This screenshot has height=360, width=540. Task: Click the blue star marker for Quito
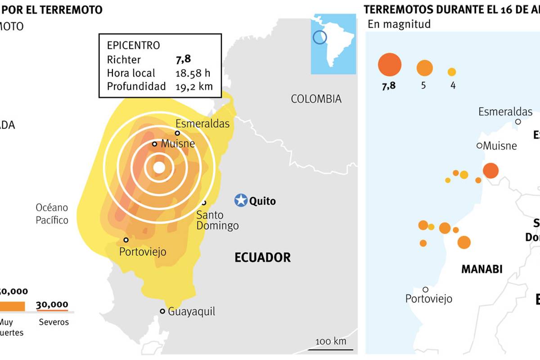tap(241, 200)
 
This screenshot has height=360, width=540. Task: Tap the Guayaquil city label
tap(191, 311)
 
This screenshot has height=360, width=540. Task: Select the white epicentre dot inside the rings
tap(159, 167)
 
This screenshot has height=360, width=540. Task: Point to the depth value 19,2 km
tap(193, 86)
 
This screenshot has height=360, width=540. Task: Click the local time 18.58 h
tap(193, 73)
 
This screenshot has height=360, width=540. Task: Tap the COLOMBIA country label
tap(316, 99)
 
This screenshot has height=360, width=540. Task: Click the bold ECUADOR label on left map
tap(262, 257)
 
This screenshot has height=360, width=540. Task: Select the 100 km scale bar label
tap(331, 341)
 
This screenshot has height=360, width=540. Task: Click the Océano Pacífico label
tap(52, 214)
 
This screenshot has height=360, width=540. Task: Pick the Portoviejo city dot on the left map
tap(126, 240)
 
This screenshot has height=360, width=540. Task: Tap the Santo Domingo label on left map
tap(217, 220)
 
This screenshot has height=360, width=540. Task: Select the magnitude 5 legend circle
tap(424, 68)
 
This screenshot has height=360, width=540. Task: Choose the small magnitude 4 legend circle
tap(452, 72)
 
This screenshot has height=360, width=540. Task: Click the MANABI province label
tap(481, 269)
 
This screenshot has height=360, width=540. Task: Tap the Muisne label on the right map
tap(500, 146)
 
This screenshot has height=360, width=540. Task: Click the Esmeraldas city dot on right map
tap(518, 121)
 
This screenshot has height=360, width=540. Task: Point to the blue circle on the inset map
tap(319, 37)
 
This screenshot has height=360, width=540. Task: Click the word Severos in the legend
tap(54, 322)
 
